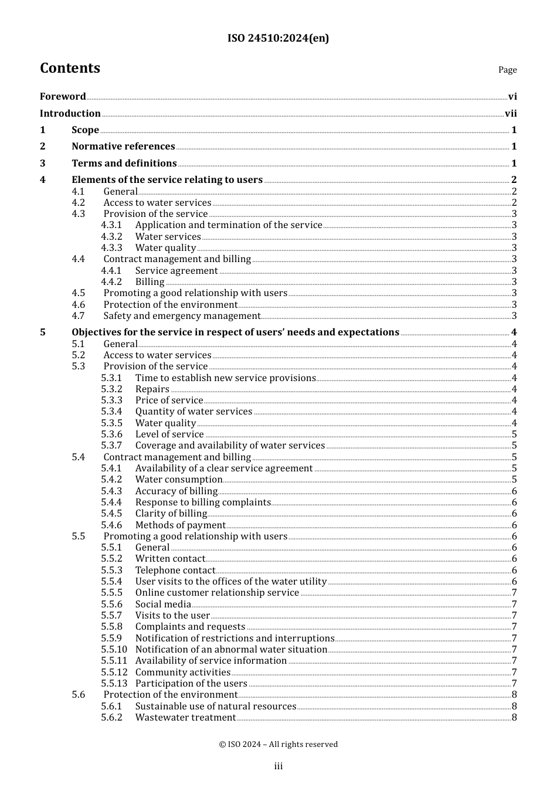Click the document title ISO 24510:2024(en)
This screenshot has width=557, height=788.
(278, 38)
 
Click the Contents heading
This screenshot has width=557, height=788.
(70, 68)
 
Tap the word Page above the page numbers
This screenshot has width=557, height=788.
(507, 70)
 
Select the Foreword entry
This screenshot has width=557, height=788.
(63, 97)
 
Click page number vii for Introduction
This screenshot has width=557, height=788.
(511, 114)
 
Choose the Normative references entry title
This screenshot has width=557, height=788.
(123, 147)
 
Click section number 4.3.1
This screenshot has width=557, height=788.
(111, 225)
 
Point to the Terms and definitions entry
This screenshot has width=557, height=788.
(124, 164)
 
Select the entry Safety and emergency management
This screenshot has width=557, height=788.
(182, 316)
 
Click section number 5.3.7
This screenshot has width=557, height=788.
(111, 446)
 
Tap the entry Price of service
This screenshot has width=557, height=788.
(169, 400)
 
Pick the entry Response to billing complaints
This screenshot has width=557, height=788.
(203, 502)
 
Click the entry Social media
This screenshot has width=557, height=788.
(163, 604)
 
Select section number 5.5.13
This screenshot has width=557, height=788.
(114, 684)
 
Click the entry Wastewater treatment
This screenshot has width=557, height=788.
(185, 718)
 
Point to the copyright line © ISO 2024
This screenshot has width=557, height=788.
(278, 745)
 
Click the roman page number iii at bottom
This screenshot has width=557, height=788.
(278, 766)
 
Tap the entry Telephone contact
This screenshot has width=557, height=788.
(175, 570)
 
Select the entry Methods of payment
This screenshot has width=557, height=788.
(180, 525)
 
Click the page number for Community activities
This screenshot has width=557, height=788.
(514, 672)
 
